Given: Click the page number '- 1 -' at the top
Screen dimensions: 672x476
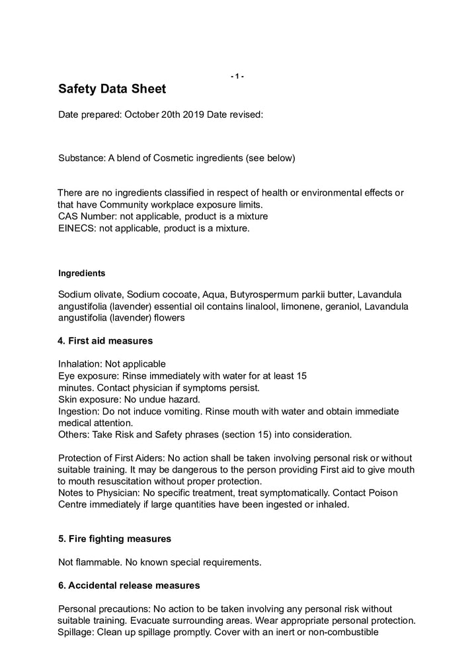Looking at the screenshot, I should [237, 77].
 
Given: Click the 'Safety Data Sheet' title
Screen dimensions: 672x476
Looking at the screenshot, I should [112, 89].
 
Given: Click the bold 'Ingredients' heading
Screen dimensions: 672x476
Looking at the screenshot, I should [81, 273].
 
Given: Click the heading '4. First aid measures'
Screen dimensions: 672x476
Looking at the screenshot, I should [106, 341].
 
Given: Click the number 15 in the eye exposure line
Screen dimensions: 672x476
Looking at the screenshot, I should [301, 376].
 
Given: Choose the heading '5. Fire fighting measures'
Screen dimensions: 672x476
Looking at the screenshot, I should [114, 539].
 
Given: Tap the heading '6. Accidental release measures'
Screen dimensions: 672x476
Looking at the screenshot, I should [129, 586].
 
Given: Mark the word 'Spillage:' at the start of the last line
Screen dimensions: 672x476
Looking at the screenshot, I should [77, 632].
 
